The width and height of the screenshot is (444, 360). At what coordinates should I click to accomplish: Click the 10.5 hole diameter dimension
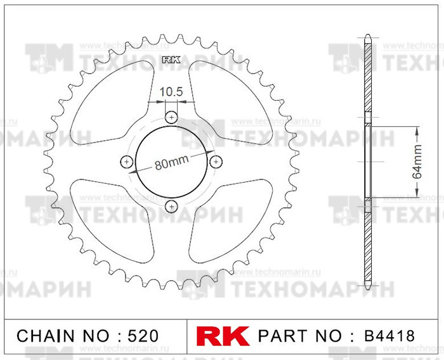coord(171,91)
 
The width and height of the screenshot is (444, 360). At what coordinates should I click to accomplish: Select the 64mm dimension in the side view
coord(417,163)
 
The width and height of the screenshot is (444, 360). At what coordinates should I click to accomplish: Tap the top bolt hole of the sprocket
coord(171,117)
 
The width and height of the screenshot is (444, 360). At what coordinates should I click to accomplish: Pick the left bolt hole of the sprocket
coord(127,162)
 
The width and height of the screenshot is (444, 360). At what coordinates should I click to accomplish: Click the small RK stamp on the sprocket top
coord(171,61)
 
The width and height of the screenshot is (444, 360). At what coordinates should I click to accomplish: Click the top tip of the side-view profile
coord(368,35)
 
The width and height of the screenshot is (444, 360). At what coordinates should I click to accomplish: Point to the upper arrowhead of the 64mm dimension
coord(417,129)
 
